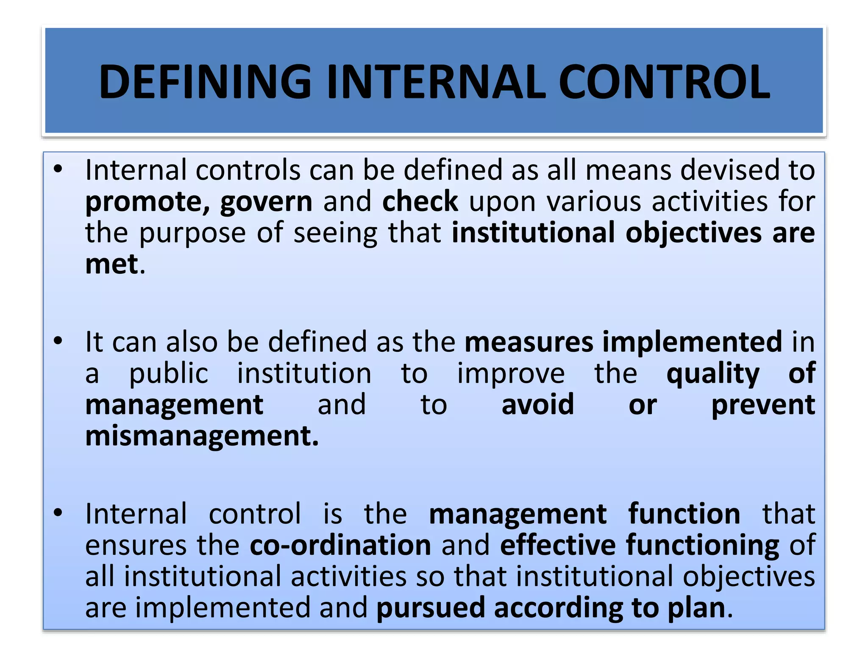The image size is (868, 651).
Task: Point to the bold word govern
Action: (x=266, y=202)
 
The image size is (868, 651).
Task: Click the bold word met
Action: (x=112, y=264)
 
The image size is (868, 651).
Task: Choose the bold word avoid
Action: (x=538, y=405)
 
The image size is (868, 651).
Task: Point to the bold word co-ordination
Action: (x=340, y=545)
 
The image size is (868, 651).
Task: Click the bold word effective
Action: (x=558, y=545)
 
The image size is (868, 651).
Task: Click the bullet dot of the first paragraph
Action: (x=58, y=169)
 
